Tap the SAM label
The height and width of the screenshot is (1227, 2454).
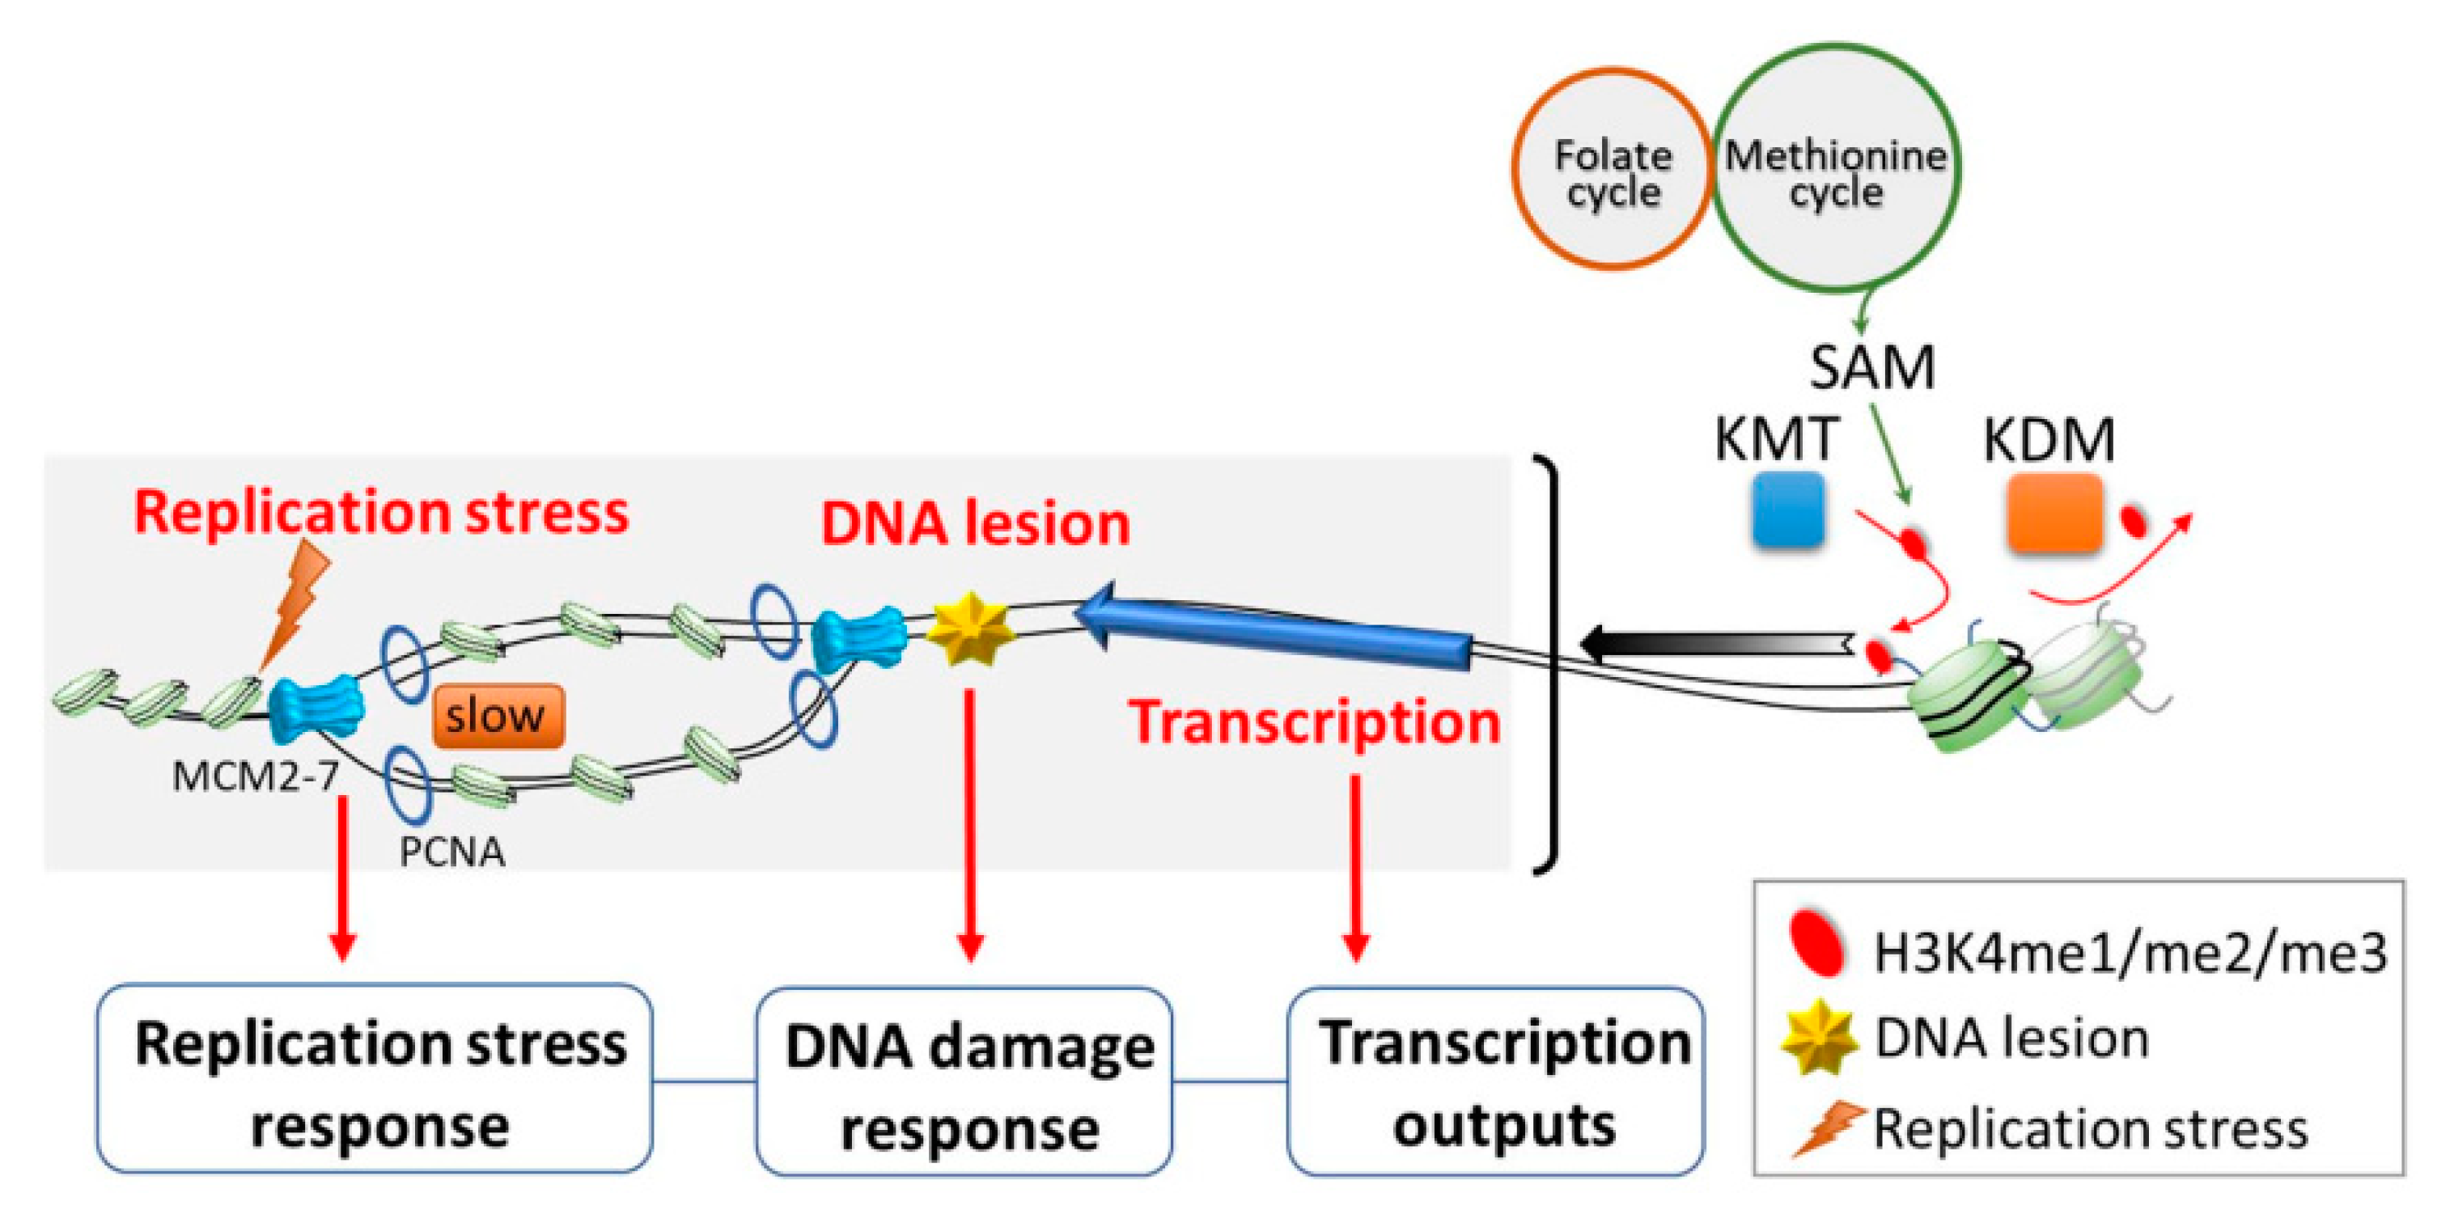click(x=1872, y=366)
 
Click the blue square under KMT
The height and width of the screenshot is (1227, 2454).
click(x=1788, y=511)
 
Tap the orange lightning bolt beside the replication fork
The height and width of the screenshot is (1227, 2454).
click(x=295, y=600)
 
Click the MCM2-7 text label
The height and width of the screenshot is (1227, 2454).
click(x=256, y=776)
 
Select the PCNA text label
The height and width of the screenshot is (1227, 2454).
click(x=451, y=852)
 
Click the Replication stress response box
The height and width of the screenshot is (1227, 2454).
click(x=375, y=1078)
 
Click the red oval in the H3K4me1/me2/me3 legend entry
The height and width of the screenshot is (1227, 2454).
click(x=1816, y=943)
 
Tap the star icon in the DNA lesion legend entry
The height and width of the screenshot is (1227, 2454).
click(x=1820, y=1036)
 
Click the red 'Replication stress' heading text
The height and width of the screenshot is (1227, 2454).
click(x=381, y=513)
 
